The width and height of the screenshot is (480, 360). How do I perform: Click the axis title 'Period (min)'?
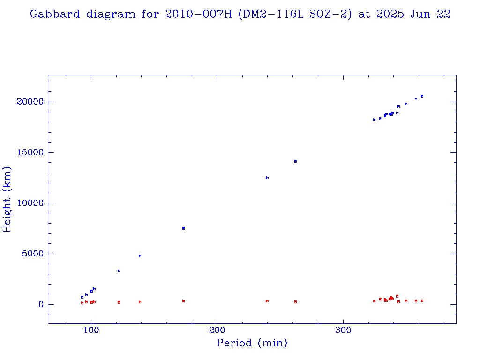point(252,343)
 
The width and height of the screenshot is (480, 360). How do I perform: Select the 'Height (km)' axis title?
point(7,199)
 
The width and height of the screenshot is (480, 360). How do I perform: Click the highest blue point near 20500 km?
point(422,96)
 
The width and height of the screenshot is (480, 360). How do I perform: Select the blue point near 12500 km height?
point(267,178)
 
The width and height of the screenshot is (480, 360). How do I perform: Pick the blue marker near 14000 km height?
point(295,161)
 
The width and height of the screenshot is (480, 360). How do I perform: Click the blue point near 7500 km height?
point(183,228)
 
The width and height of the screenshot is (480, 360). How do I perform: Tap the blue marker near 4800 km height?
point(140,256)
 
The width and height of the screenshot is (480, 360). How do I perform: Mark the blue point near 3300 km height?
point(119,270)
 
